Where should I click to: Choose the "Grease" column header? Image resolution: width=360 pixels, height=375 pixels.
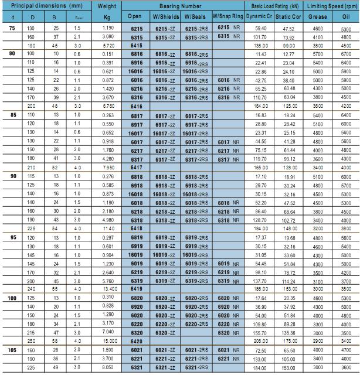click(317, 16)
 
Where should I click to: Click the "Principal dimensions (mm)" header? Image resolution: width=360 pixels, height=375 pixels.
click(44, 5)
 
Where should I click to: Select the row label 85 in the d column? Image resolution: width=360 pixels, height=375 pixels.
click(13, 115)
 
